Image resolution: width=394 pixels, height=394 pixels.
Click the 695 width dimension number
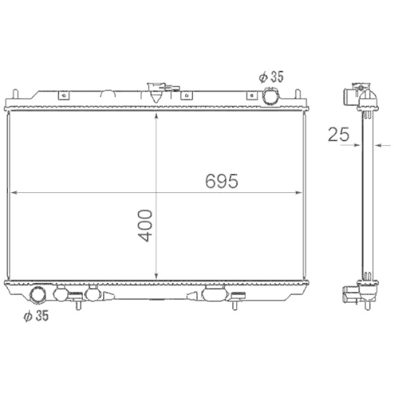221,180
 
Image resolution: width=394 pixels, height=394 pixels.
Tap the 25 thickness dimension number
339,134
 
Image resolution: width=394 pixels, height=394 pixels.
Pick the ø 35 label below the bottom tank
35,316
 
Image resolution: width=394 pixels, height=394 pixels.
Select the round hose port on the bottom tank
38,296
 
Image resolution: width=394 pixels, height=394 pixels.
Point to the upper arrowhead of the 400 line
160,114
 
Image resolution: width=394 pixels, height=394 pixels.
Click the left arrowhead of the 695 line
12,192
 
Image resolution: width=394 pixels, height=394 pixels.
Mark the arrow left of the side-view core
357,145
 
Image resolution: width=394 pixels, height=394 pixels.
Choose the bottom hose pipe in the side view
349,297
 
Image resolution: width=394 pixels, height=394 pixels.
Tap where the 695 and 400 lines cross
160,192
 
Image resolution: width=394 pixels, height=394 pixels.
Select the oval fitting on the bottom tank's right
213,295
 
